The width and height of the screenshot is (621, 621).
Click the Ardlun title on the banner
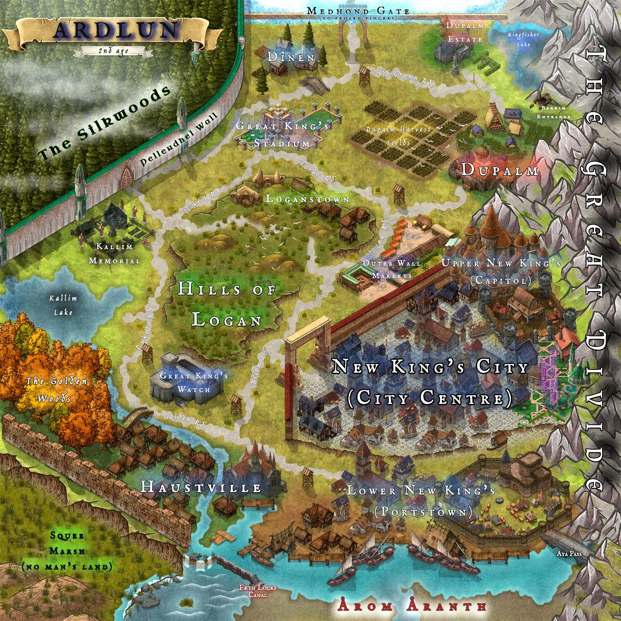[116, 30]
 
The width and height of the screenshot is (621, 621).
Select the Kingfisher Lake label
[523, 39]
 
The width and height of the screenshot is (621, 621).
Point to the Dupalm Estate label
[465, 32]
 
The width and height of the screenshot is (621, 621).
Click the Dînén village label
[291, 57]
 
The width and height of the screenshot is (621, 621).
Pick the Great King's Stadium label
[282, 134]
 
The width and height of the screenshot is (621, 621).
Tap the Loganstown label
[307, 199]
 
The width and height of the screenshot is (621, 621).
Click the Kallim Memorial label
[114, 254]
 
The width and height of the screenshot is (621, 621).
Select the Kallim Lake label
[63, 305]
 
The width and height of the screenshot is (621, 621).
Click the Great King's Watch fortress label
[194, 382]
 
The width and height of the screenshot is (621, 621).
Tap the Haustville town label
[201, 487]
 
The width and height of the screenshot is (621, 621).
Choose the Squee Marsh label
[67, 551]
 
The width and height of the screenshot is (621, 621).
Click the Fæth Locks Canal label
[258, 590]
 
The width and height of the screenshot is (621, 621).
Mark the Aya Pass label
[569, 554]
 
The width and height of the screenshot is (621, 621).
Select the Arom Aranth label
[412, 605]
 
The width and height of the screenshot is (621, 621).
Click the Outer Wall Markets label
[392, 269]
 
